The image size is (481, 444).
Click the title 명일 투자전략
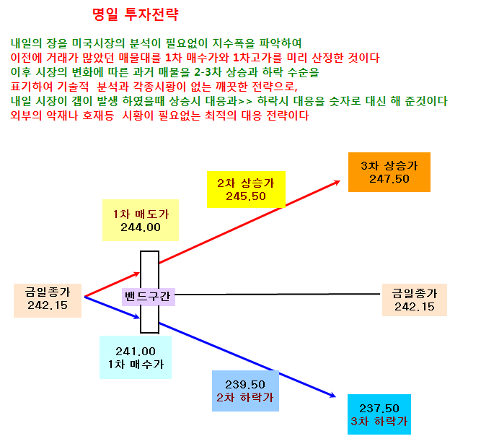136,14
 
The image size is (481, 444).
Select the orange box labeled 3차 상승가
389,172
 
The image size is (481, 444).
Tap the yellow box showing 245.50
246,189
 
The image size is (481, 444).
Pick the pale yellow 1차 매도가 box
141,220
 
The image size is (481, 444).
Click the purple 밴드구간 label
149,297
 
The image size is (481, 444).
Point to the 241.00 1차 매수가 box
136,357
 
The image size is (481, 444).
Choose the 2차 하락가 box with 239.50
245,391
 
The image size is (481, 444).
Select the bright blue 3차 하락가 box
379,414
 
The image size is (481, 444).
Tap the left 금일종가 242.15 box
48,300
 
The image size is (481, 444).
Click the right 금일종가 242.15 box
415,300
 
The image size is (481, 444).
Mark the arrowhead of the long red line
340,181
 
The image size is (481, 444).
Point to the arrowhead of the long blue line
335,397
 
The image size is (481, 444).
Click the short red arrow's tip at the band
140,273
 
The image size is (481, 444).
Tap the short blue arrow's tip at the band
140,318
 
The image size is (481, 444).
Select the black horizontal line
278,294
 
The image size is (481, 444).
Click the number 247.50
389,179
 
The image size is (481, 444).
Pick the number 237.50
379,409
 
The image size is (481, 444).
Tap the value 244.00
141,227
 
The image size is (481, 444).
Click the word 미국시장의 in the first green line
99,43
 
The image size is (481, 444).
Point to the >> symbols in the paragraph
245,101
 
